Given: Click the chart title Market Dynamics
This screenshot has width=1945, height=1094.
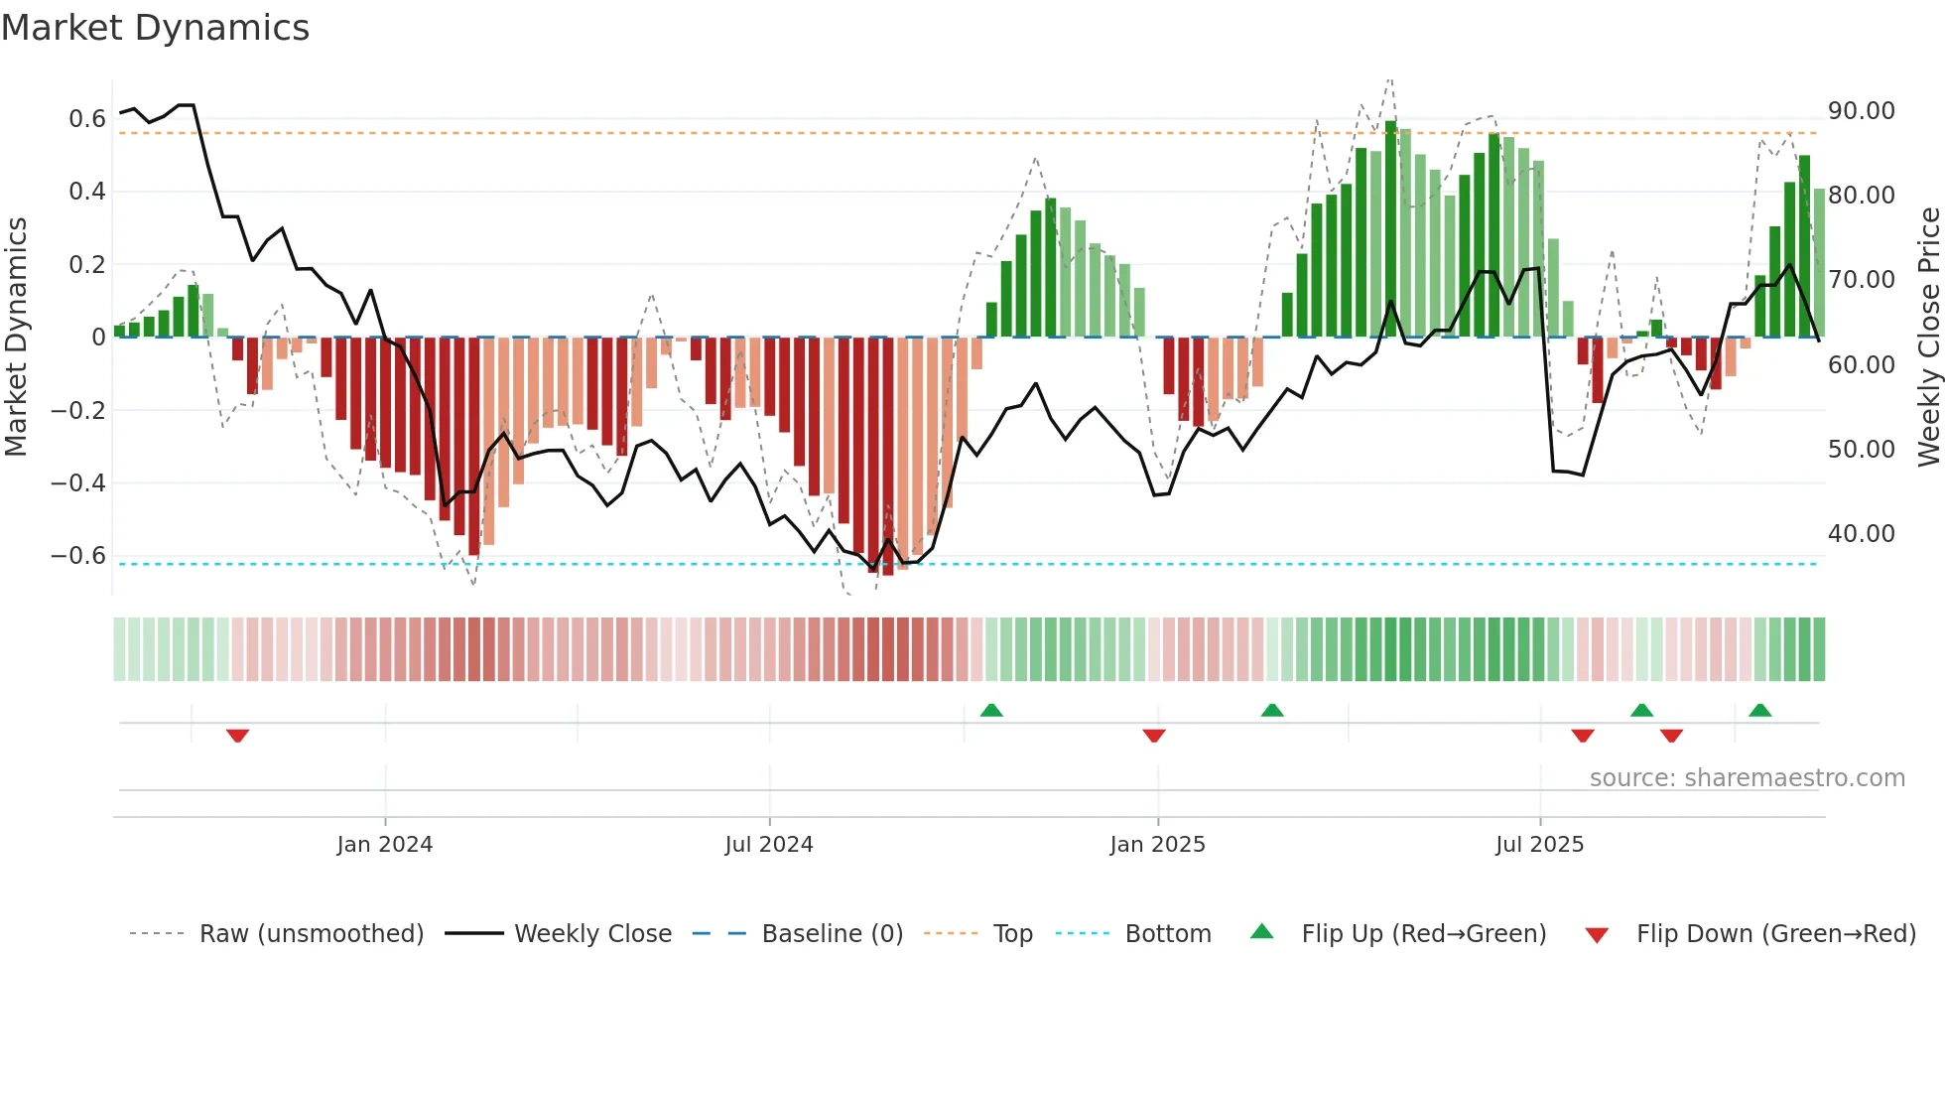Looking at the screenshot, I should tap(156, 28).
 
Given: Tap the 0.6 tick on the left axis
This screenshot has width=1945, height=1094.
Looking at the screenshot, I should tap(87, 119).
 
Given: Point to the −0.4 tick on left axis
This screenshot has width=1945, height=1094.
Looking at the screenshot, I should tap(78, 483).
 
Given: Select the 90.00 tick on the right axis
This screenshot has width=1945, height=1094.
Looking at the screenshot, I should tap(1861, 111).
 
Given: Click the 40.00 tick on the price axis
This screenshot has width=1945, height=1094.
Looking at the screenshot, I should tap(1861, 534).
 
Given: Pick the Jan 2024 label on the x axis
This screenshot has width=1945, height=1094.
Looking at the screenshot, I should tap(385, 845).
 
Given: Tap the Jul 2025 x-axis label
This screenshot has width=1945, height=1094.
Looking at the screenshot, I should tap(1539, 845).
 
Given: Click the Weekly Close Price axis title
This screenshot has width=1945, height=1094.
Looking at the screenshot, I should tap(1927, 338).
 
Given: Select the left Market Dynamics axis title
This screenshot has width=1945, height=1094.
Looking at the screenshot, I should tap(16, 338).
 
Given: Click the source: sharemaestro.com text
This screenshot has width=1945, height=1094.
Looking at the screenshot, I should tap(1747, 778).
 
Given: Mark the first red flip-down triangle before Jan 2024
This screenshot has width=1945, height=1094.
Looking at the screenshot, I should tap(237, 736).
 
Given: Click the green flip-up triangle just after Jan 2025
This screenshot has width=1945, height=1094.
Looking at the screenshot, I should tap(1272, 710).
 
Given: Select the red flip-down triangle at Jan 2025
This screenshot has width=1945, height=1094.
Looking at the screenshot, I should tap(1154, 736).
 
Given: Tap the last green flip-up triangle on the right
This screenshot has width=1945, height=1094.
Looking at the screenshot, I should tap(1760, 710).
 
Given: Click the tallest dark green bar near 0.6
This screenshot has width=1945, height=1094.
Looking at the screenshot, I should tap(1390, 228).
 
